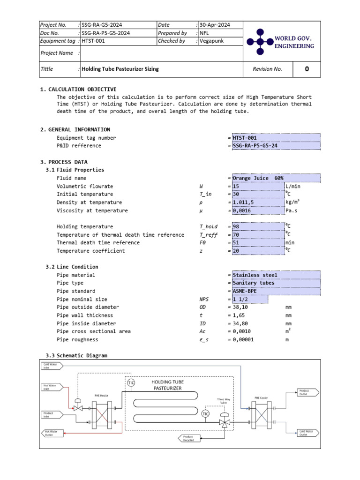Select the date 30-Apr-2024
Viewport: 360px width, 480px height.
(x=214, y=25)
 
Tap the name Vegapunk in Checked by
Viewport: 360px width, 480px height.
(x=212, y=41)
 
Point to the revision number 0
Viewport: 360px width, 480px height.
(x=307, y=69)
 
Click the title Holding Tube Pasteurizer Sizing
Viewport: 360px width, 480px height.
(x=120, y=69)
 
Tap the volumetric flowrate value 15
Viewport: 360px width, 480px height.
(x=236, y=186)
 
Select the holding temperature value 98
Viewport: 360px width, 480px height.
(x=236, y=226)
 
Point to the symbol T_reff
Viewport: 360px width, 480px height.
(x=208, y=234)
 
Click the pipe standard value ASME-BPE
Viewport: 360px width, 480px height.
(x=246, y=291)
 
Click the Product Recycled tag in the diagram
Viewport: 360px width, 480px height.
(x=189, y=439)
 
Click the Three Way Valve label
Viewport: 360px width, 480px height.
(x=223, y=401)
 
